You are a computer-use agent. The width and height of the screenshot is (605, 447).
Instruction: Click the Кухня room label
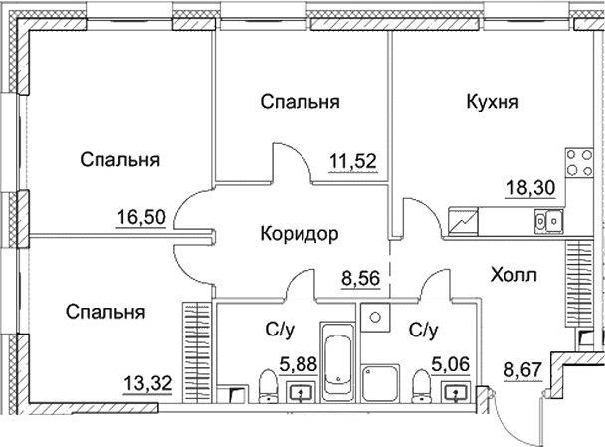coord(494,101)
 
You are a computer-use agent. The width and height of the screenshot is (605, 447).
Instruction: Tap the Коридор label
coord(300,234)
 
